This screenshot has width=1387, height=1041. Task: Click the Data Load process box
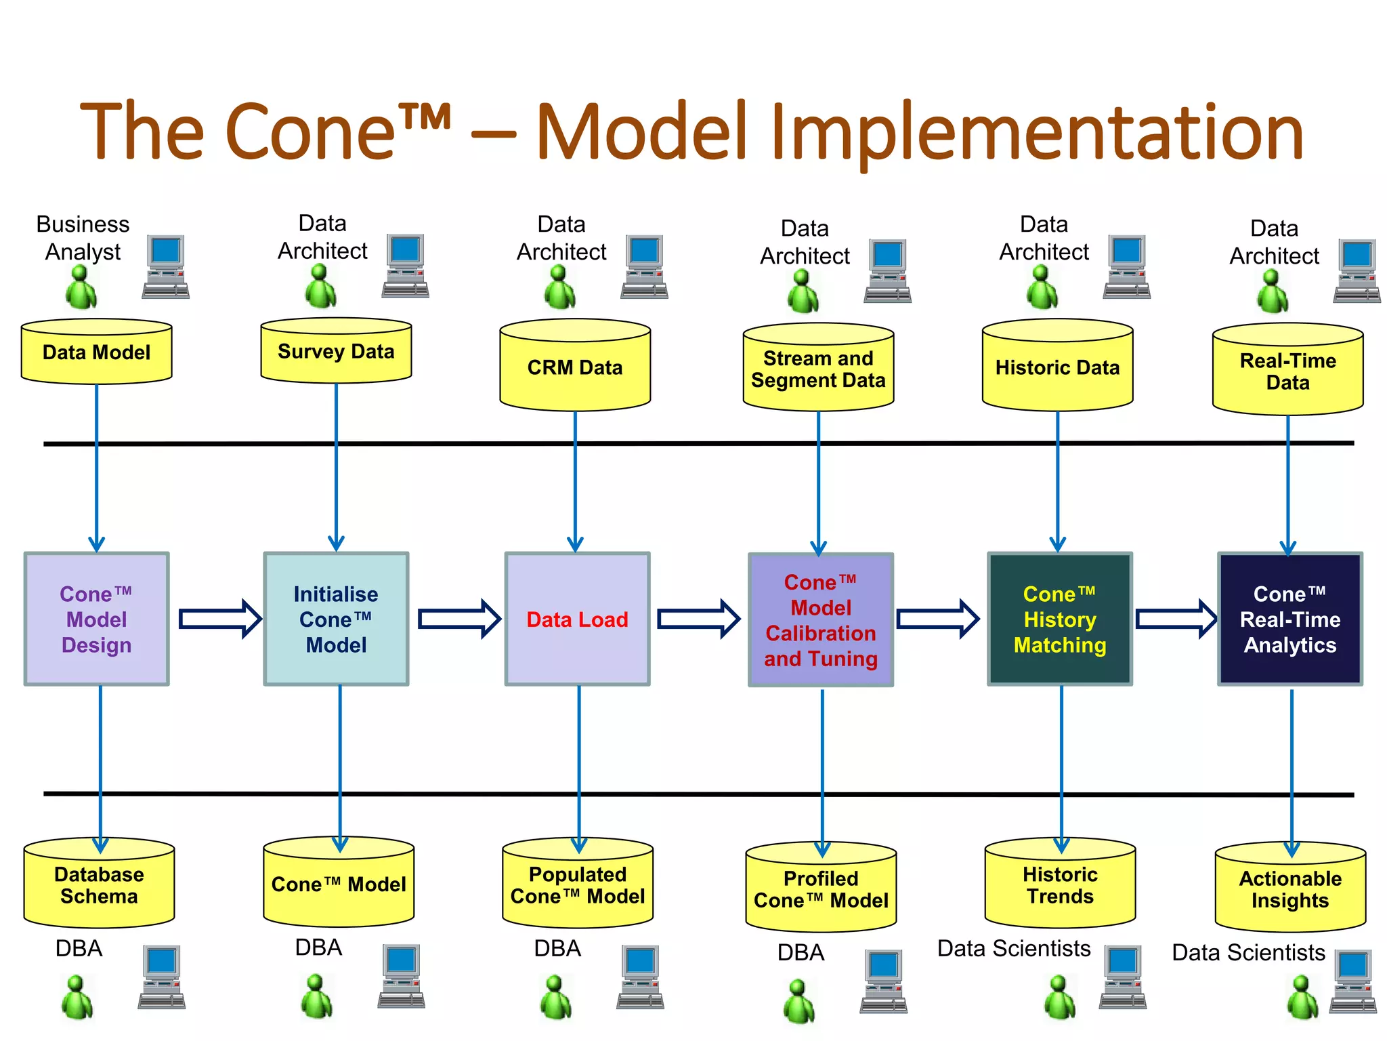(x=577, y=619)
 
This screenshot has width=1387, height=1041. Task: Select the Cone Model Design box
(x=96, y=619)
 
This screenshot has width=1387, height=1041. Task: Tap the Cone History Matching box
(x=1059, y=619)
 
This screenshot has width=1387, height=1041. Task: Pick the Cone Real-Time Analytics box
(x=1289, y=619)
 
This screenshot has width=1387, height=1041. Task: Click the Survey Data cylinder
(x=336, y=351)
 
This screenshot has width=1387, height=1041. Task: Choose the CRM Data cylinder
(x=575, y=367)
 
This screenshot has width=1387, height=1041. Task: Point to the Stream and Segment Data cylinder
(x=818, y=369)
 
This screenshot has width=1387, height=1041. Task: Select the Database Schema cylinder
(x=99, y=885)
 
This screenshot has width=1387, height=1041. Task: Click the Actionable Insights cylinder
(x=1290, y=889)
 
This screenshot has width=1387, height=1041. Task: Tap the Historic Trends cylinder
(x=1060, y=885)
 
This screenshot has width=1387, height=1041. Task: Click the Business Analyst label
(x=83, y=238)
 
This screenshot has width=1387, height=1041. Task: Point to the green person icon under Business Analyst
(x=81, y=287)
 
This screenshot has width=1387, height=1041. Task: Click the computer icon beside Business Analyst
(x=166, y=267)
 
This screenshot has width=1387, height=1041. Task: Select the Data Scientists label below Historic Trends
(x=1013, y=948)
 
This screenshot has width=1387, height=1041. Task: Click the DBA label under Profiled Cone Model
(x=801, y=952)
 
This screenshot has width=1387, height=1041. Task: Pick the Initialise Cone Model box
(x=336, y=619)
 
